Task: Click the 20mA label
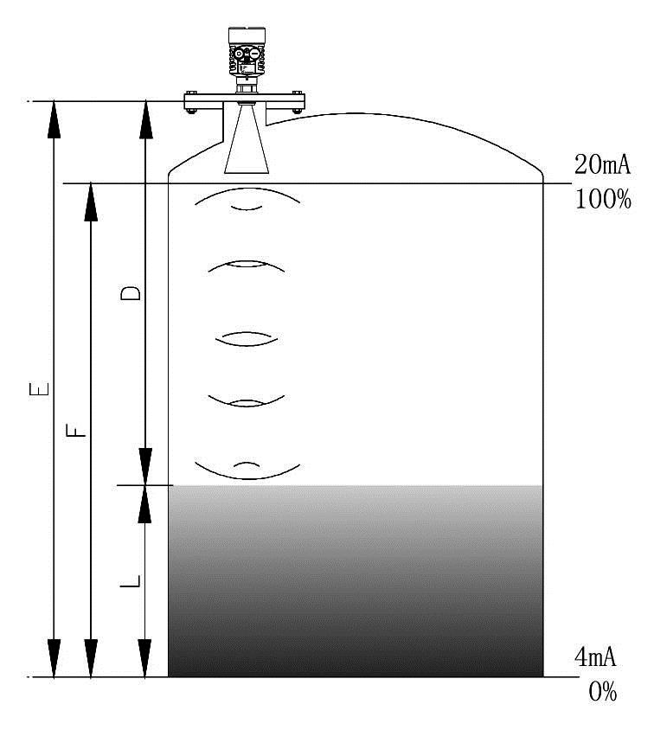pos(602,165)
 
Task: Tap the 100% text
pos(603,199)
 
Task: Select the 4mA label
pos(595,658)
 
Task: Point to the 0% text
pos(603,692)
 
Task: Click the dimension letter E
pos(39,389)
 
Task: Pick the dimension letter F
pos(77,430)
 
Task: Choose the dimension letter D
pos(131,293)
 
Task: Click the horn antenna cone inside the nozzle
pos(247,139)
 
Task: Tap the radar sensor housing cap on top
pos(247,34)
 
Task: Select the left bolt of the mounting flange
pos(191,111)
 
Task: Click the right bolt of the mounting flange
pos(297,111)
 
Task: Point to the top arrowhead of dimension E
pos(54,119)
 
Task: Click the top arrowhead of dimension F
pos(91,202)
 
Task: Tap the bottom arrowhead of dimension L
pos(145,658)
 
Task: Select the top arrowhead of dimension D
pos(146,119)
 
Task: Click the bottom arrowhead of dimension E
pos(54,658)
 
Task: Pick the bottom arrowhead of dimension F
pos(91,658)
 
